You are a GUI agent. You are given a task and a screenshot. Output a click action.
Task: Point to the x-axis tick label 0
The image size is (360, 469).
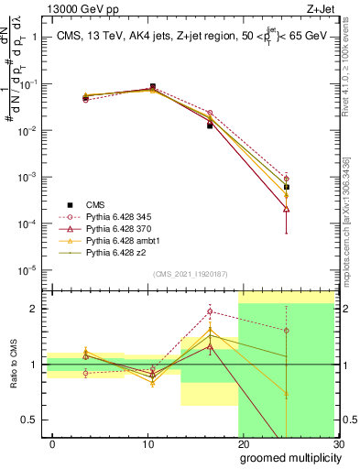[x=52, y=443]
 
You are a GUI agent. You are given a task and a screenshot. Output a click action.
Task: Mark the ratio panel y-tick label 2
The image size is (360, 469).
[x=35, y=309]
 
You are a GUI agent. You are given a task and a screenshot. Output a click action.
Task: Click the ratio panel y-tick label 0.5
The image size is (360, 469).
[x=30, y=420]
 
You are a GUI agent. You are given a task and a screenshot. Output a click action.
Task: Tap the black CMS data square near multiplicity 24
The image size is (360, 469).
[x=287, y=187]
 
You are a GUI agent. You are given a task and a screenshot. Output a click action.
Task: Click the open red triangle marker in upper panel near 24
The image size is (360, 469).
[x=287, y=209]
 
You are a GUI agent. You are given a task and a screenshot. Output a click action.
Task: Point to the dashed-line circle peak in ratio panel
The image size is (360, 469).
[x=210, y=311]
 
